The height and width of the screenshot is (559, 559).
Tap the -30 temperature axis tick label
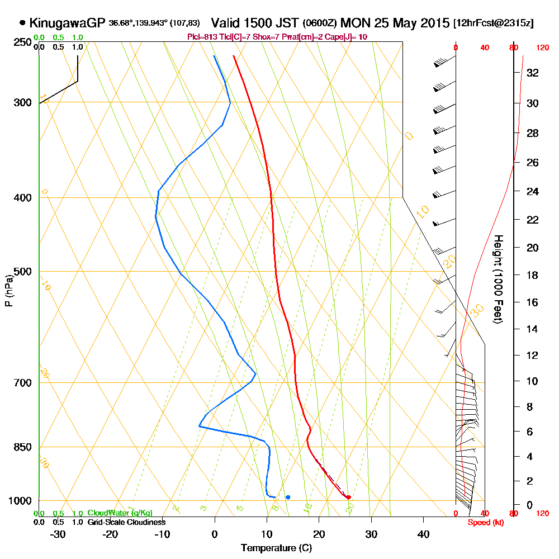pyautogui.click(x=58, y=534)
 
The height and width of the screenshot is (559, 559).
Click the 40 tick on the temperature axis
pyautogui.click(x=423, y=534)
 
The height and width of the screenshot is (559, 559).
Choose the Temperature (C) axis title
pyautogui.click(x=276, y=548)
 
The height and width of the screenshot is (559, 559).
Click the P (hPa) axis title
pyautogui.click(x=8, y=291)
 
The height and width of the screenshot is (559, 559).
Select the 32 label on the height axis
pyautogui.click(x=532, y=73)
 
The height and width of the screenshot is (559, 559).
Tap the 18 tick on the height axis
pyautogui.click(x=532, y=275)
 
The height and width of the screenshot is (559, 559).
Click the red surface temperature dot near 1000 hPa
pyautogui.click(x=348, y=497)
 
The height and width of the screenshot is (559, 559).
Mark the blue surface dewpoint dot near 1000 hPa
pyautogui.click(x=288, y=497)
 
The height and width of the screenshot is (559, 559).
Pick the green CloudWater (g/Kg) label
pyautogui.click(x=120, y=513)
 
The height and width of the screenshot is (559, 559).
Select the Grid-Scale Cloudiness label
pyautogui.click(x=126, y=522)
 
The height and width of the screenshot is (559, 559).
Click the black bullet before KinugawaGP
pyautogui.click(x=22, y=23)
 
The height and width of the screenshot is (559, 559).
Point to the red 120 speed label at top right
pyautogui.click(x=542, y=48)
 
